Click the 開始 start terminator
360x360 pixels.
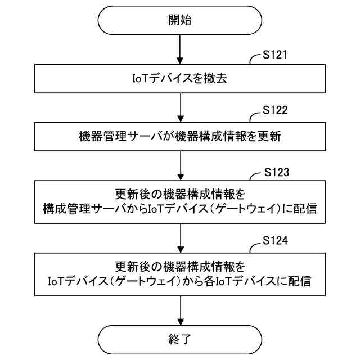point(180,20)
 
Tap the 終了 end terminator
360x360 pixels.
point(180,339)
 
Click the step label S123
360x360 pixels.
point(277,172)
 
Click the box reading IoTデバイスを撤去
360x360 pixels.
point(180,79)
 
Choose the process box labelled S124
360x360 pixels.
point(180,272)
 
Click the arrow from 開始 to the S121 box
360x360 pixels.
point(180,49)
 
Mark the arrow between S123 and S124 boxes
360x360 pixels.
point(180,238)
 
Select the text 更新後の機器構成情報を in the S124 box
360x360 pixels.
point(180,265)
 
